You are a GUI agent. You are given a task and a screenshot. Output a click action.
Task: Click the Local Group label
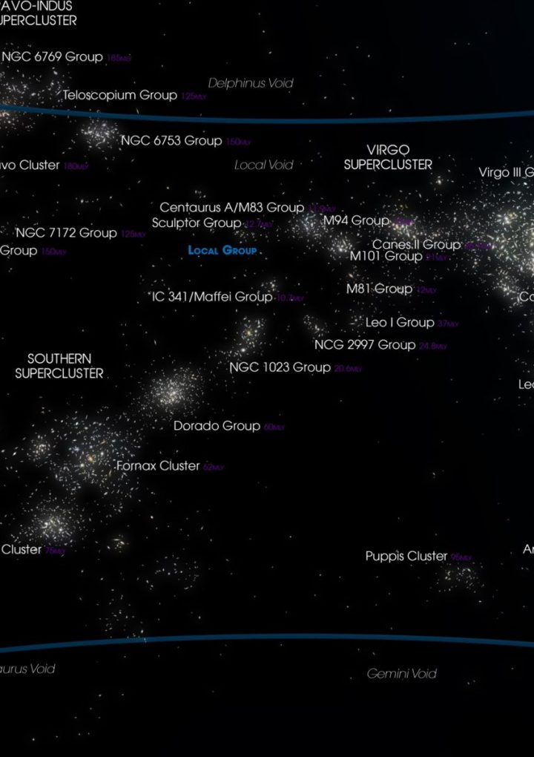point(222,251)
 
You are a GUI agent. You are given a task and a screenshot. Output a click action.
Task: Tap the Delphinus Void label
point(251,83)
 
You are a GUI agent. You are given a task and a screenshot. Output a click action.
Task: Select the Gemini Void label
point(402,674)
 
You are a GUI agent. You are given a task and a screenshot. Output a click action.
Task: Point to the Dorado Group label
point(217,426)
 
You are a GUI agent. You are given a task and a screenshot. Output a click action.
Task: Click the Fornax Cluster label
point(158,466)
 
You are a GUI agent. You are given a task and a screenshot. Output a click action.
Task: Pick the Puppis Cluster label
point(406,556)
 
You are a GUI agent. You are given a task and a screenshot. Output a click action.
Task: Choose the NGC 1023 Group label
point(280,367)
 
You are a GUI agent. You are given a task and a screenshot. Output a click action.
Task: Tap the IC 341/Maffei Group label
point(212,297)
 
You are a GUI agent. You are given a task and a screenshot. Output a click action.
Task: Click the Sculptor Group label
point(197,223)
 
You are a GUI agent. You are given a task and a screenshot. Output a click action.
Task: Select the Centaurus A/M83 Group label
point(231,208)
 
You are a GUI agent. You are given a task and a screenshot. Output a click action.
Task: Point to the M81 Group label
point(379,289)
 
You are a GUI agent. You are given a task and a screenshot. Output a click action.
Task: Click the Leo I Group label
point(400,323)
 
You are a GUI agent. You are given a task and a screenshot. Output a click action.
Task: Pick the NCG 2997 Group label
point(365,345)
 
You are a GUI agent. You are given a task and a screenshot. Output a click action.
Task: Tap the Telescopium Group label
point(119,95)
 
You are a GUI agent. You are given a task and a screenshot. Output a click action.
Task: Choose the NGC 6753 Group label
point(171,141)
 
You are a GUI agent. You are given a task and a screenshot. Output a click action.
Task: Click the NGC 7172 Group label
point(66,233)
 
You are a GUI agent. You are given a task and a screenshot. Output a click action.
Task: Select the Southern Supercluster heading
point(59,367)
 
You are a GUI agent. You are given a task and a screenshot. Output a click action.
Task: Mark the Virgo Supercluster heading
point(388,157)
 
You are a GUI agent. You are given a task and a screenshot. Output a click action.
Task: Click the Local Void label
point(264,165)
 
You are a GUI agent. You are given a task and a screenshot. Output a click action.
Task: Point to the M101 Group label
point(386,256)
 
